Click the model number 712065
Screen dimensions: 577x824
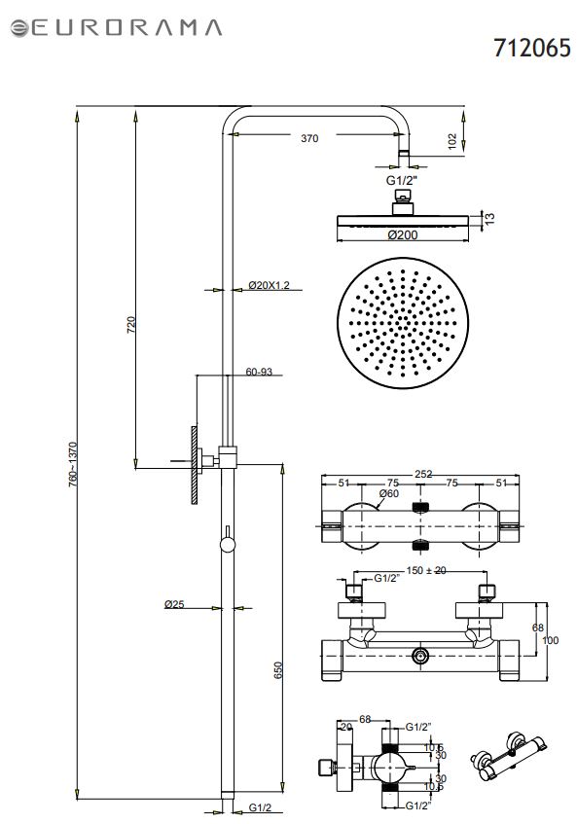[532, 48]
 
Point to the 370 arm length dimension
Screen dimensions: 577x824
[309, 138]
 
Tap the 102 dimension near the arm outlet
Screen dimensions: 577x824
[452, 141]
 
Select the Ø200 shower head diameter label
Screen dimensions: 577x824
[403, 234]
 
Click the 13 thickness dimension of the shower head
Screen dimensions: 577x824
[489, 218]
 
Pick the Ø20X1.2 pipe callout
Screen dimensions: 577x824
[270, 285]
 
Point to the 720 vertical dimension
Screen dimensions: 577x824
[131, 325]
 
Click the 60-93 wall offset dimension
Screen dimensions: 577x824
[259, 372]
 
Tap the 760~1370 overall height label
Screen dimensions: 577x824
[73, 465]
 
